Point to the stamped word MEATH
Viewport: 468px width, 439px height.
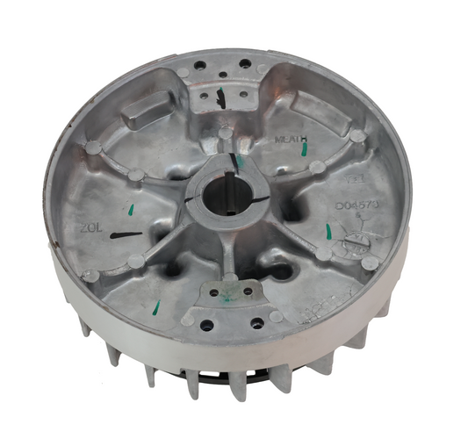pyautogui.click(x=289, y=140)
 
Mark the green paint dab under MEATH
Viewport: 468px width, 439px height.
pyautogui.click(x=304, y=150)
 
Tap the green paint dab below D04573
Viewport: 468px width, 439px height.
pyautogui.click(x=328, y=231)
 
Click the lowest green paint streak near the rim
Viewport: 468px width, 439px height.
pyautogui.click(x=157, y=306)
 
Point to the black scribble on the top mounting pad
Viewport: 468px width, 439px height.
pyautogui.click(x=219, y=99)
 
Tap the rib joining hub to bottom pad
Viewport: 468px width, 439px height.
pyautogui.click(x=227, y=255)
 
